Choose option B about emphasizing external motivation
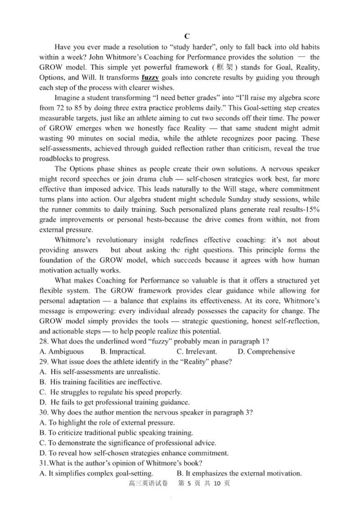point(238,473)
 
